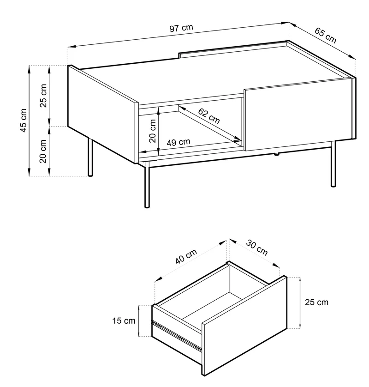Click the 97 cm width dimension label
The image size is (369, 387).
[181, 28]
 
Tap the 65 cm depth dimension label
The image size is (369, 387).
[325, 35]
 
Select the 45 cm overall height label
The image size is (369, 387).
[23, 120]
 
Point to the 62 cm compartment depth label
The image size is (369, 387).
[209, 116]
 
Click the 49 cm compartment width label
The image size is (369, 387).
[179, 142]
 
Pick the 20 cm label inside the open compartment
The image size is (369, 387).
[153, 131]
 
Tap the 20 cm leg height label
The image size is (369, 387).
[43, 151]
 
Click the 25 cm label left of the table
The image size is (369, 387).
[43, 96]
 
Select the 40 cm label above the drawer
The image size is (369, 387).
[186, 256]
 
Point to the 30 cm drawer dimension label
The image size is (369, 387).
[256, 248]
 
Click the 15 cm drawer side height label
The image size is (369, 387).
[124, 321]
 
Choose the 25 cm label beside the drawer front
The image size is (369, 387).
[316, 302]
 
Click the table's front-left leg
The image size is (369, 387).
[147, 185]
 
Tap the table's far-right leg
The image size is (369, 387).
[333, 163]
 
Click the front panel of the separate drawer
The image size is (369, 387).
[244, 325]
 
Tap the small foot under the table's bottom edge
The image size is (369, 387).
[277, 155]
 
